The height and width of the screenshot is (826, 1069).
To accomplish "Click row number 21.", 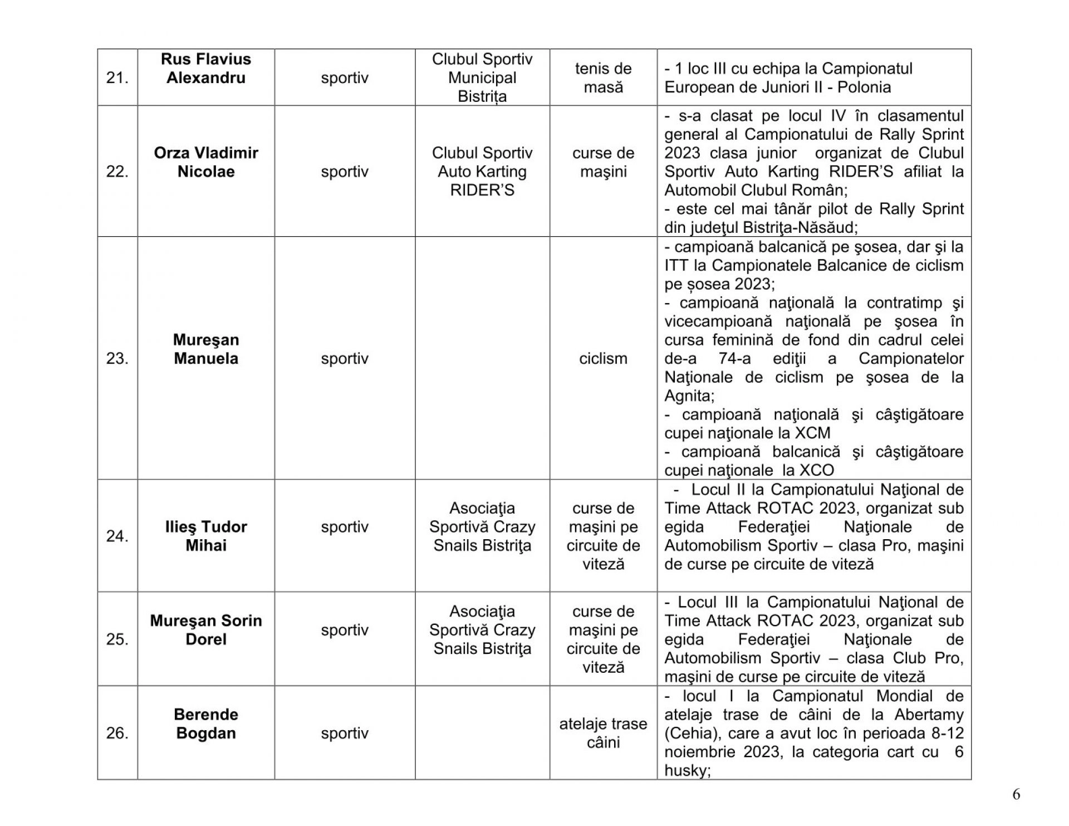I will coord(117,78).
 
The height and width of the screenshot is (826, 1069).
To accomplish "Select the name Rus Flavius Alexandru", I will coord(206,69).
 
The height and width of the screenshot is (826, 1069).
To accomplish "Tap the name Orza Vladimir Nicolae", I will coord(206,162).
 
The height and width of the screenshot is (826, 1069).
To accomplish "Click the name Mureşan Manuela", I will coord(206,349).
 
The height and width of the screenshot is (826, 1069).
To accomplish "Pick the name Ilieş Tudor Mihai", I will coord(206,536).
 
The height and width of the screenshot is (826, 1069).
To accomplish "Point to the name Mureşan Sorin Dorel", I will coord(206,630).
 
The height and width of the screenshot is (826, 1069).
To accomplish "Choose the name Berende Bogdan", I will coord(206,724).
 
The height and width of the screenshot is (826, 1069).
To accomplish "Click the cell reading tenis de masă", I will coord(603,78).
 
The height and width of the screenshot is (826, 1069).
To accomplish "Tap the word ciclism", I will coord(603,359).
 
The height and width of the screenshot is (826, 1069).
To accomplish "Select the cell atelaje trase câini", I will coord(603,733).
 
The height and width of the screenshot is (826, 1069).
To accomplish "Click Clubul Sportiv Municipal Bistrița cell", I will coord(482,78).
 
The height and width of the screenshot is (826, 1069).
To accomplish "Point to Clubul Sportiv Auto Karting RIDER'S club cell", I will coord(482,172).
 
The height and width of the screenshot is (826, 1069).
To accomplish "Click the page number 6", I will coord(1016,795).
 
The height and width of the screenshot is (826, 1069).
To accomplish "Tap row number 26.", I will coord(117,734).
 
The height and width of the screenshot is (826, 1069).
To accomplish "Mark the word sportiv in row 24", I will coord(345,527).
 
